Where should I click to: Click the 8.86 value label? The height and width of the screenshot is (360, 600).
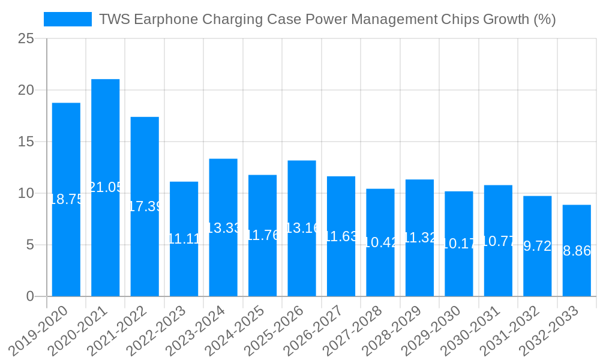coord(577,251)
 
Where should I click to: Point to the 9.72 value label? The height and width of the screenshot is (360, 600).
coord(538,246)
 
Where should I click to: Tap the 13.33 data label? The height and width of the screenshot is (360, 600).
coord(223,228)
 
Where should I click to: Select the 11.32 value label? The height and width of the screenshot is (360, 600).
coord(420,238)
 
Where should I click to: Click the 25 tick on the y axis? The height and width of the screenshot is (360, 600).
coord(26,38)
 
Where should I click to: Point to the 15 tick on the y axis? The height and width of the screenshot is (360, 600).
coord(26,142)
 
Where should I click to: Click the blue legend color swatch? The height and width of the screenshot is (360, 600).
coord(68,19)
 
